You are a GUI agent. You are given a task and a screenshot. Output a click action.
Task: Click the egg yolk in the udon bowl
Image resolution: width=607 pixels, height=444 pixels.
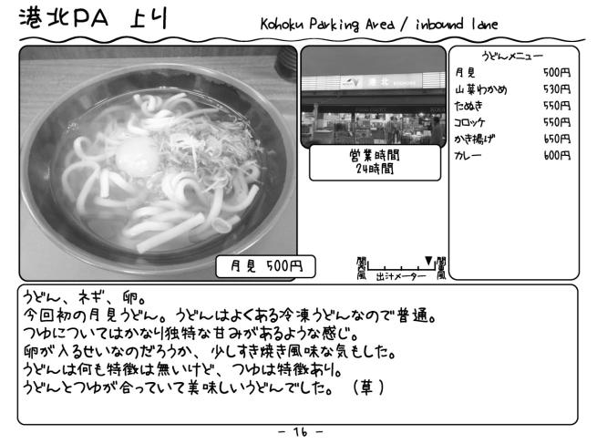[x=137, y=156]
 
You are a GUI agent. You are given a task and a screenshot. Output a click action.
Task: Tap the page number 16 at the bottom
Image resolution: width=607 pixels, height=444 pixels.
[x=300, y=431]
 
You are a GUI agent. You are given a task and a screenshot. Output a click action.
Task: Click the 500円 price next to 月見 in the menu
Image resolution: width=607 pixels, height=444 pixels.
[x=557, y=72]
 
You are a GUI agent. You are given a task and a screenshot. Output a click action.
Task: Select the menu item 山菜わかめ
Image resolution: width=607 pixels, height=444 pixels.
[x=481, y=89]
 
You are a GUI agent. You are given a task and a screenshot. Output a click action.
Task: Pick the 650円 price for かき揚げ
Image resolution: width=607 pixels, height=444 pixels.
[x=557, y=139]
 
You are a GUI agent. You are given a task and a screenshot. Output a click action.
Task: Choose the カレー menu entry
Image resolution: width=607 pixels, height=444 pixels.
[x=468, y=155]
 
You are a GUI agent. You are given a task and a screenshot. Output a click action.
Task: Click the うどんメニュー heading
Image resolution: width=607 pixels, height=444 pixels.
[x=512, y=57]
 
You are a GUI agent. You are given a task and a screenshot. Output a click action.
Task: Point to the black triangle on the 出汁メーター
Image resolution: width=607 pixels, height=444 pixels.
[x=428, y=261]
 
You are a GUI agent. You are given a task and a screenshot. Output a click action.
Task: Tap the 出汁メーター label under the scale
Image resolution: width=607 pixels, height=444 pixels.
[x=401, y=276]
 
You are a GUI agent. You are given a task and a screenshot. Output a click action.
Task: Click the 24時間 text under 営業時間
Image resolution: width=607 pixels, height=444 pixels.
[x=375, y=169]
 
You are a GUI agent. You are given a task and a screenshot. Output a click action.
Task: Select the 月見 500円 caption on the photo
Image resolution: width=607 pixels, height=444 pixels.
[x=266, y=266]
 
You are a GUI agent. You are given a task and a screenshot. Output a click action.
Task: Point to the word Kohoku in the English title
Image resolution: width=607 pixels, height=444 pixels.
[x=283, y=25]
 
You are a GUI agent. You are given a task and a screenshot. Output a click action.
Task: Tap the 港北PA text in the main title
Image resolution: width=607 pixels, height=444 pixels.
[x=64, y=18]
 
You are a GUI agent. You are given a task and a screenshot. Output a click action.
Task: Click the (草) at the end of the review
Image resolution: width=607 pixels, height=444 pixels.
[x=368, y=387]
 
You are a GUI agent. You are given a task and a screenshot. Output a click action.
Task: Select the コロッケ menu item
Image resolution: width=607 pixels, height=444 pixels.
[x=470, y=122]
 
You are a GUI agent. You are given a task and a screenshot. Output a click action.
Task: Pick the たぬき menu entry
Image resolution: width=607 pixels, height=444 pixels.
[x=468, y=106]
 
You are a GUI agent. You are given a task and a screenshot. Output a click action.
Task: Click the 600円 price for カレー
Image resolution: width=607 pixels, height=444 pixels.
[x=557, y=155]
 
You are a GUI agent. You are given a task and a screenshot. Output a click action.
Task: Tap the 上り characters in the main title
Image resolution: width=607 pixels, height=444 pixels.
[x=149, y=18]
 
